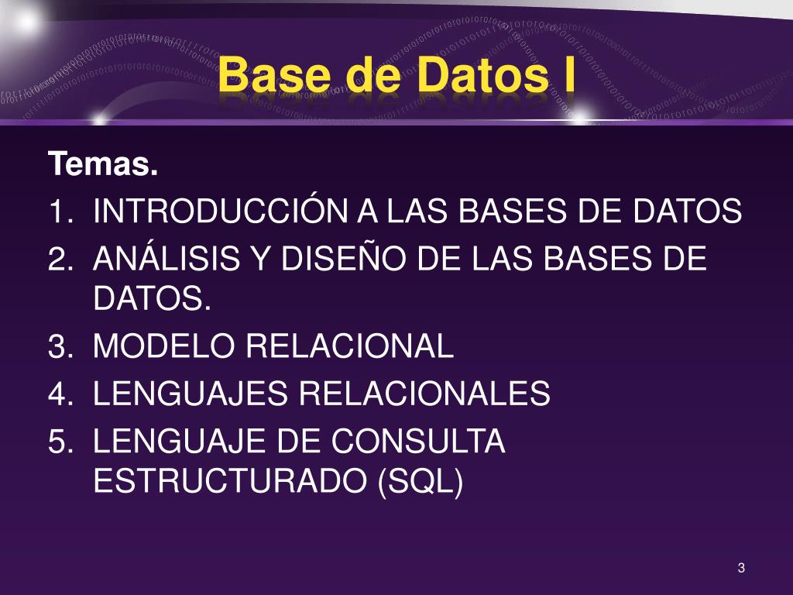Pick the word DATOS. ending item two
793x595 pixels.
tap(153, 298)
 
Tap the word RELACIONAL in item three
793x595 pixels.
tap(349, 346)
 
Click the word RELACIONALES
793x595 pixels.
tap(424, 394)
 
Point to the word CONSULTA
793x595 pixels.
tap(418, 442)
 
